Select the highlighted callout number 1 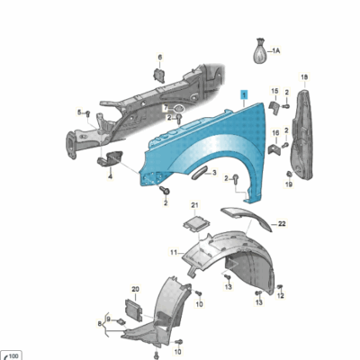coord(245,95)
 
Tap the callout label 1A coord(276,51)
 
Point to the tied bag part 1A coord(261,51)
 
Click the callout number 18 coord(304,77)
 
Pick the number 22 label coord(282,224)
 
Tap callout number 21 coord(195,205)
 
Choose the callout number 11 coord(174,252)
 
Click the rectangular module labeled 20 coord(132,308)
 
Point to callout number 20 coord(135,289)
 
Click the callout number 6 coord(160,57)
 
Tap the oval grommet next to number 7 coord(179,108)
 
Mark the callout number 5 coord(79,112)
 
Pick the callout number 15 coord(274,91)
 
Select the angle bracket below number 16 coord(274,149)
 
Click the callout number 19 coord(289,184)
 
